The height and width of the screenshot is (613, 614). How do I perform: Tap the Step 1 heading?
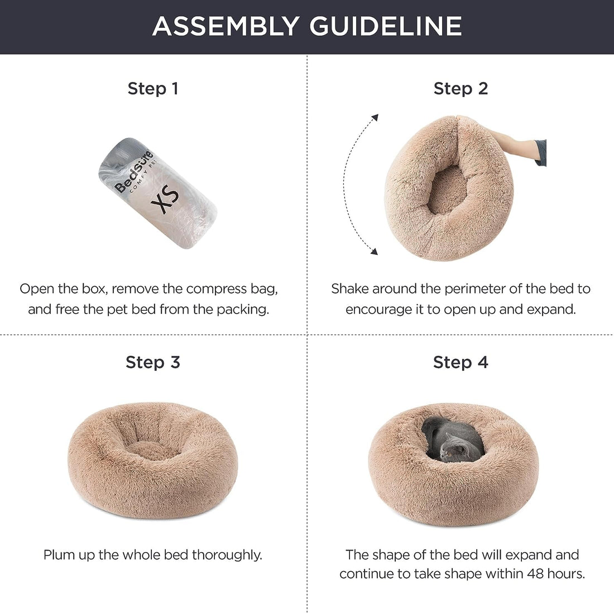tap(153, 88)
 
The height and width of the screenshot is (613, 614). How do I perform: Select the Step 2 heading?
tap(461, 88)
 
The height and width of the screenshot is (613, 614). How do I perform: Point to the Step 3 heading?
tap(153, 362)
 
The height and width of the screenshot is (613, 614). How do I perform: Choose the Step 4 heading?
tap(461, 362)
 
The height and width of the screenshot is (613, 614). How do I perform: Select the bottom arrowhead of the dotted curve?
tap(374, 252)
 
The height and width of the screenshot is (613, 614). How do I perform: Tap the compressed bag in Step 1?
tap(157, 192)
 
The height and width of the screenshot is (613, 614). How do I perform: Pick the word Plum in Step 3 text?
tap(58, 555)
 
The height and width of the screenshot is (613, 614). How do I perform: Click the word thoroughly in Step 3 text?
tap(227, 555)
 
